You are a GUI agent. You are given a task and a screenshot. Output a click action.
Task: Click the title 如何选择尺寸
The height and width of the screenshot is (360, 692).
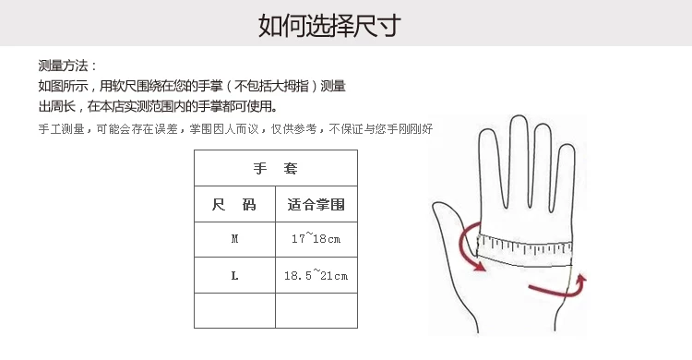(329, 25)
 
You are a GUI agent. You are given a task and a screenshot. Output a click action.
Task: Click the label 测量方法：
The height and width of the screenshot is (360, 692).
(67, 66)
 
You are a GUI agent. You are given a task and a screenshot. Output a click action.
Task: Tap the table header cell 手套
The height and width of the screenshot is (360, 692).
(276, 168)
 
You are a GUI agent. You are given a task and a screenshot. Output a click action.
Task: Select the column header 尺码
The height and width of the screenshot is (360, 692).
(234, 204)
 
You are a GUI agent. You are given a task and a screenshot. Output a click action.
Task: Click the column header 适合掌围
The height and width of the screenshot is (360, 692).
(316, 204)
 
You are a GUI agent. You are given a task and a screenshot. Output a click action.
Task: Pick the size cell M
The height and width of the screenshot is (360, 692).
(234, 239)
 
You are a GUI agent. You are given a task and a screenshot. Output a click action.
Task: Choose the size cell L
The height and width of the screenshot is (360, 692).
(234, 275)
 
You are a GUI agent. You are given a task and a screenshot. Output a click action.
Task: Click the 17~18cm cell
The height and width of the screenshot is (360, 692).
(316, 239)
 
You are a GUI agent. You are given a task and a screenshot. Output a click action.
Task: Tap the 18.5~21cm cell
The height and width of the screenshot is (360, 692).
(316, 275)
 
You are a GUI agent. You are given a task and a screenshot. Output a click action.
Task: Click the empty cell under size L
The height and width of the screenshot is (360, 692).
(234, 310)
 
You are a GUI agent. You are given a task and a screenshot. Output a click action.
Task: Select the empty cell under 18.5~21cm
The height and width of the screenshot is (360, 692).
(316, 310)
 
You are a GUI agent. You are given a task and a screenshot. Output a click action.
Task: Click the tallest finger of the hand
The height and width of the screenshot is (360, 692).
(519, 159)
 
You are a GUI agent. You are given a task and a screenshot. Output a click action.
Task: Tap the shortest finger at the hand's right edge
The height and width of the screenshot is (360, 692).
(565, 176)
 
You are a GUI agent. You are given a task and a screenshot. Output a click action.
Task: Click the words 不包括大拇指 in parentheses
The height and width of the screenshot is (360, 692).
(271, 86)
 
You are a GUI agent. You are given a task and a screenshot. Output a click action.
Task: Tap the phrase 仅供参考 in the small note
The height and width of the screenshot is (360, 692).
(293, 129)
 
